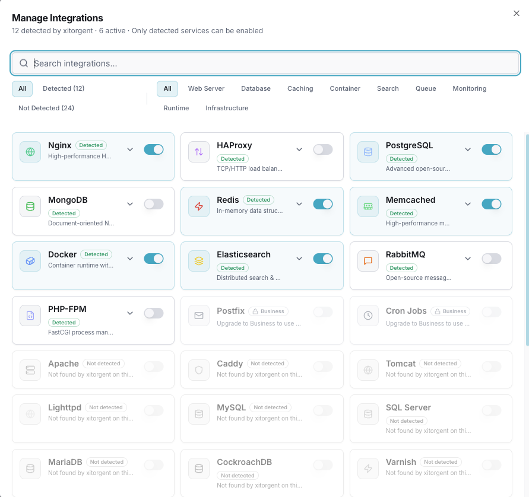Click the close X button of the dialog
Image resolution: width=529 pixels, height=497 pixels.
516,14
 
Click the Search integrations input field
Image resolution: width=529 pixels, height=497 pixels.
267,63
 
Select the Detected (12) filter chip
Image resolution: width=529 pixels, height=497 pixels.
64,88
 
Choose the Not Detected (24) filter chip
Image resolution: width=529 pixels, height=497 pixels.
46,108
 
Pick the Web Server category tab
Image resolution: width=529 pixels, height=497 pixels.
206,88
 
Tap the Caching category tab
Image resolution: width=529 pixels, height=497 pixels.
300,88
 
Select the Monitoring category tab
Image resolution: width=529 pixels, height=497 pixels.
469,88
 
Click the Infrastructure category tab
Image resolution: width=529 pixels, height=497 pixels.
227,108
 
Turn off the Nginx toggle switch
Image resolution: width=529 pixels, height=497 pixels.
154,149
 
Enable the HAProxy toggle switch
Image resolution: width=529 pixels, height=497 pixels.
323,149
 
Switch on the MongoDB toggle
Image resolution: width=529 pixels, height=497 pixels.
154,204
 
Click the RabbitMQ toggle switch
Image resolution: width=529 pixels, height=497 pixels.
492,259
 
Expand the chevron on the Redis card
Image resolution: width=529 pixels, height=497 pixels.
299,204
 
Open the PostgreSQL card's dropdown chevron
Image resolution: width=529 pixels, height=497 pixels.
468,149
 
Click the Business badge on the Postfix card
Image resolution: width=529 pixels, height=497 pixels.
268,311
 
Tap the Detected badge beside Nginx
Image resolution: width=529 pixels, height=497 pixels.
91,145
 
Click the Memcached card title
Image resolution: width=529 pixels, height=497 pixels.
410,200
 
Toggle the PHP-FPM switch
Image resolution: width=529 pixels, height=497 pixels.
154,313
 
